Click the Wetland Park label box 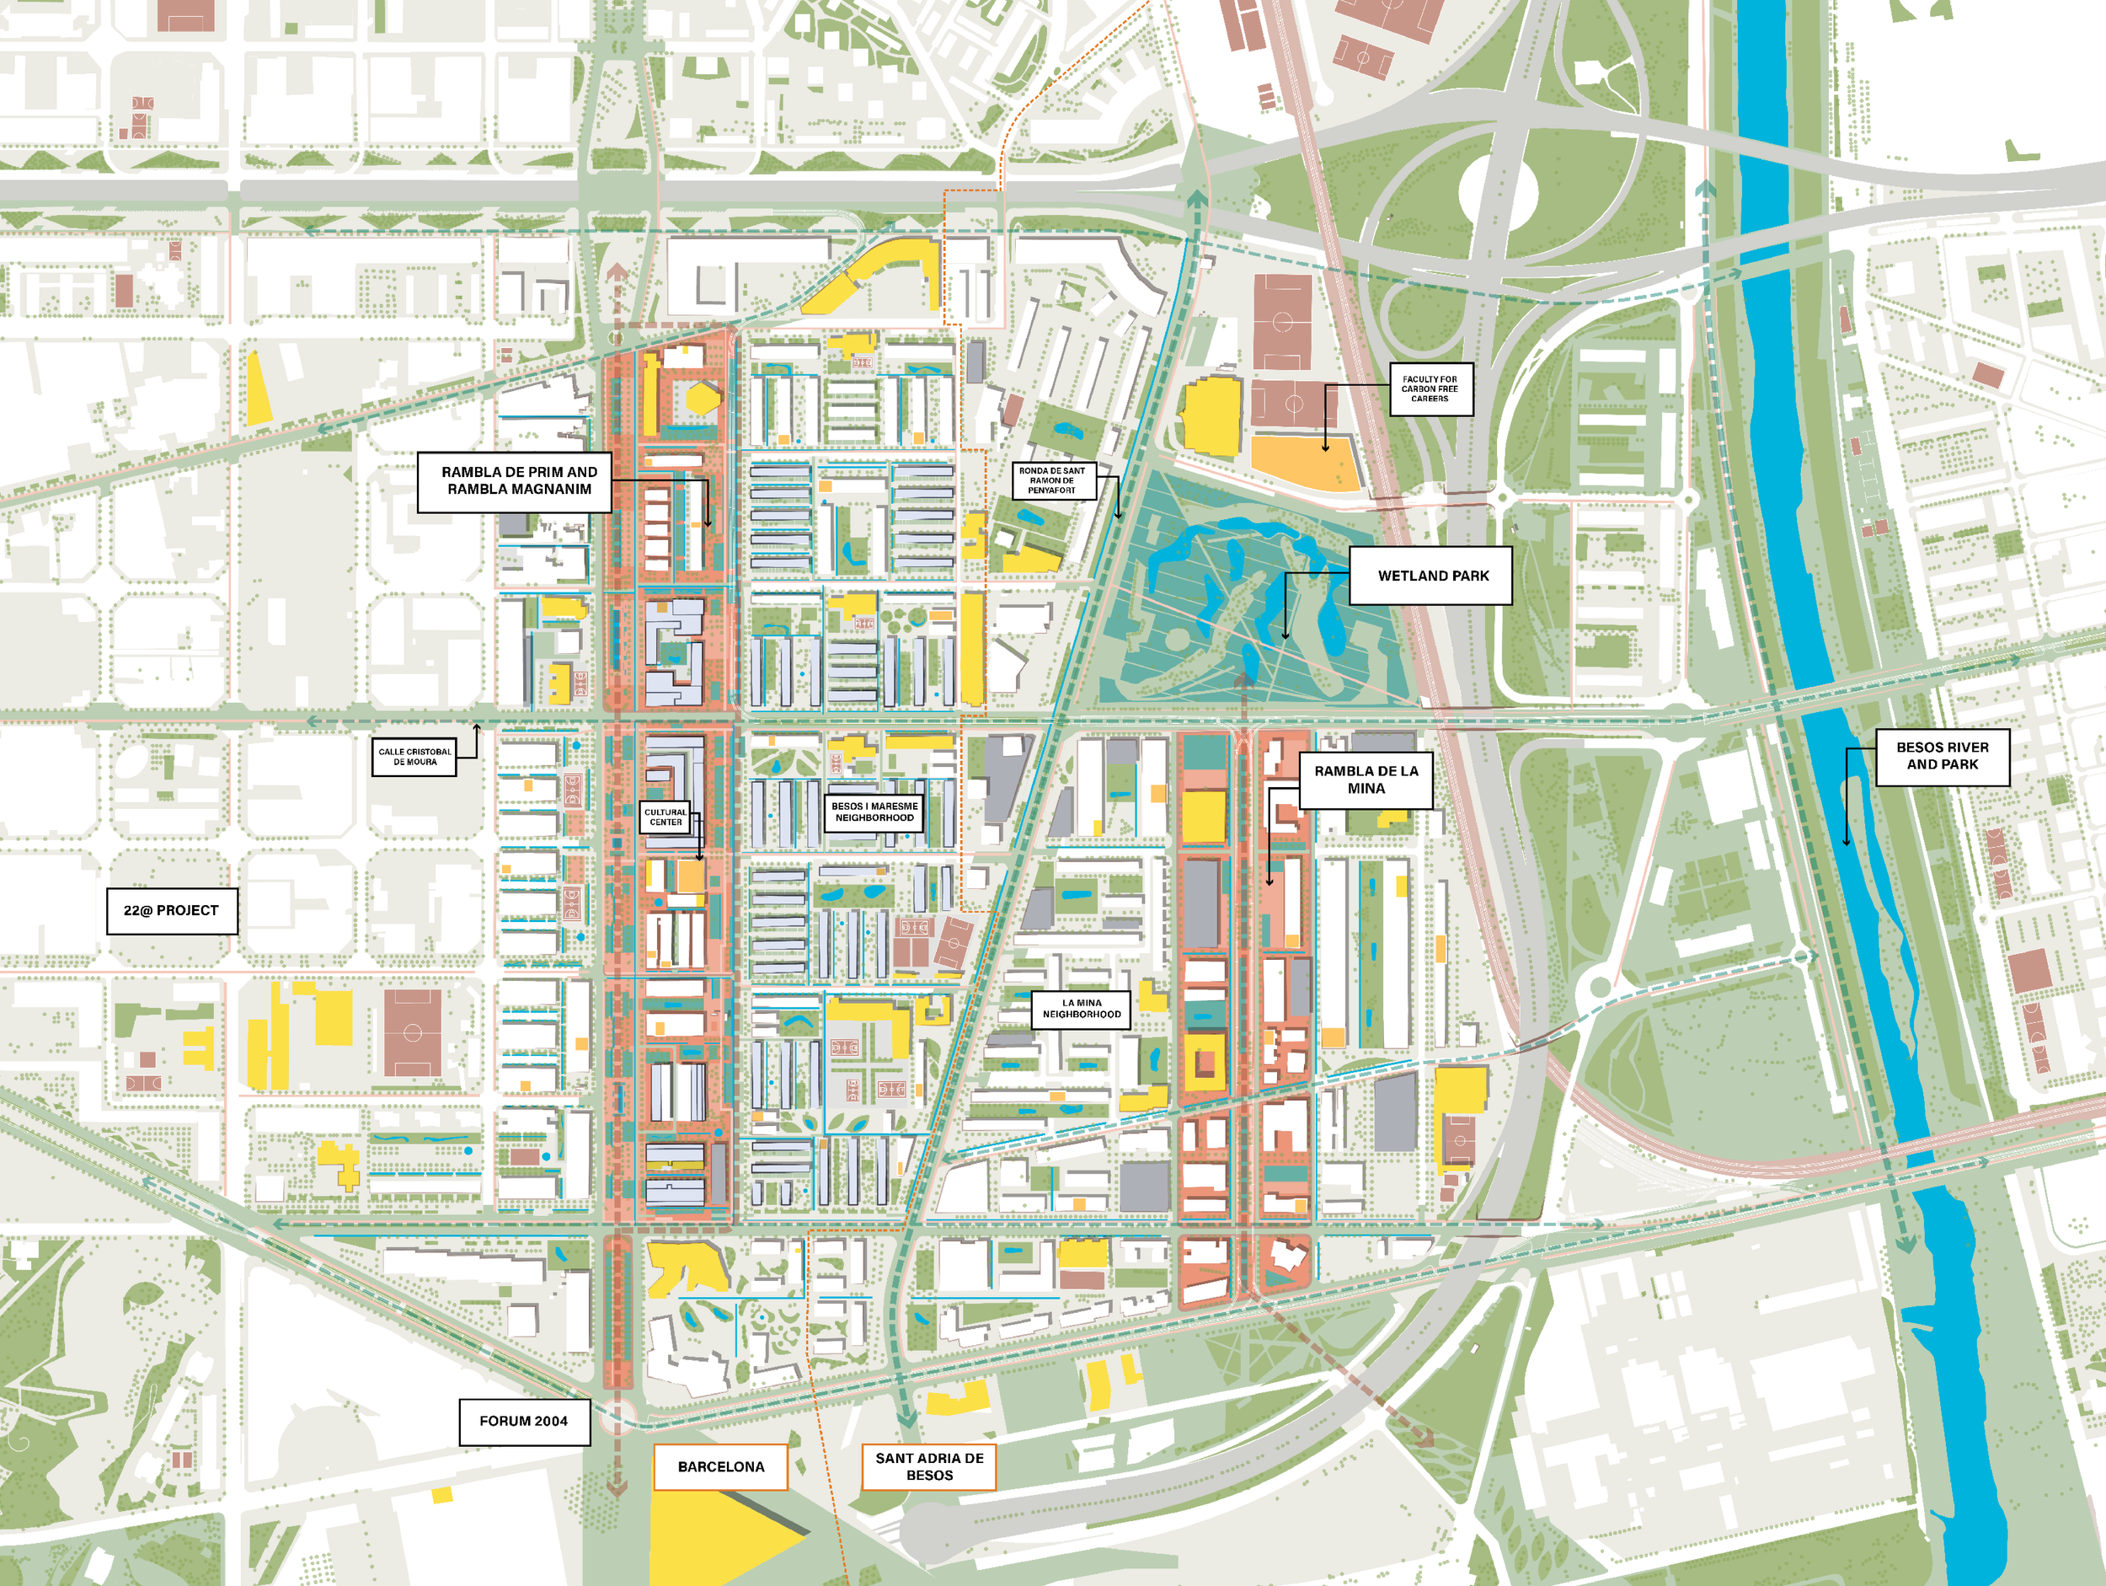[1430, 576]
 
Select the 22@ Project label [171, 909]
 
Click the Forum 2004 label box [524, 1420]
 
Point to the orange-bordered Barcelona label [721, 1466]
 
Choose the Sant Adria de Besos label [928, 1466]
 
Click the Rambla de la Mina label [1366, 780]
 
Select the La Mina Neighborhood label [1081, 1009]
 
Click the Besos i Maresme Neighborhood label [874, 812]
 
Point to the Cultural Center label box [665, 817]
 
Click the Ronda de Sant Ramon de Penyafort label [1052, 480]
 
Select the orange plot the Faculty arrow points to [1304, 463]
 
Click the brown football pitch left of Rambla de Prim [412, 1032]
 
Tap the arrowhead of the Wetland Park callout [1286, 635]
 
